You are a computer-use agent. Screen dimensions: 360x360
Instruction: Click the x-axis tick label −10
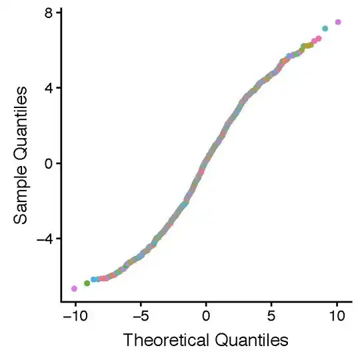73,315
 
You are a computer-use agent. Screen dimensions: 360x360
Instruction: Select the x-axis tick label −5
139,315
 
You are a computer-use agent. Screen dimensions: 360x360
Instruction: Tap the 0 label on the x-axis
206,315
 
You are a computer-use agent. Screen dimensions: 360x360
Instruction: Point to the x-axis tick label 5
271,315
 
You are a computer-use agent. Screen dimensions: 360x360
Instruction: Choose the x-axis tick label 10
337,315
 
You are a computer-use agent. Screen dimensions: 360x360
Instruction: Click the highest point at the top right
338,22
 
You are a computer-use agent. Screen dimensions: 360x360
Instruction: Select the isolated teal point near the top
325,29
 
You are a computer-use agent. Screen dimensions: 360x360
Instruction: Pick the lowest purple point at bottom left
74,289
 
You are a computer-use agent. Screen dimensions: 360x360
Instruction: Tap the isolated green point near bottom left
87,283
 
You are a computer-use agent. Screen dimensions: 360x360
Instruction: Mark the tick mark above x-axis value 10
337,305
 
